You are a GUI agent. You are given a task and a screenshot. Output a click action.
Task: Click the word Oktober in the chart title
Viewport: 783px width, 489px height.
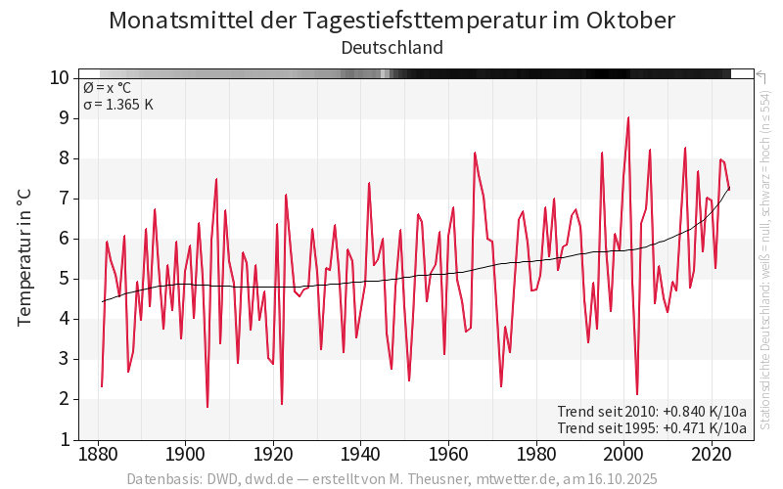pyautogui.click(x=625, y=21)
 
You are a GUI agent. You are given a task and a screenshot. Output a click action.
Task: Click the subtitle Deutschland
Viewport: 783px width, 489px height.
pyautogui.click(x=391, y=47)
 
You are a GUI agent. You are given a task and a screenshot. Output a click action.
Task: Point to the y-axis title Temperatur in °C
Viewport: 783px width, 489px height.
pyautogui.click(x=25, y=258)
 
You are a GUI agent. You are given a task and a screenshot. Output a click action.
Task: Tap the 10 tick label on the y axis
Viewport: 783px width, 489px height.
pyautogui.click(x=59, y=78)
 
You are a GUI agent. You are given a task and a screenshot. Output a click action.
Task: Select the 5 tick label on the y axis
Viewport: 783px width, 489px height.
pyautogui.click(x=64, y=279)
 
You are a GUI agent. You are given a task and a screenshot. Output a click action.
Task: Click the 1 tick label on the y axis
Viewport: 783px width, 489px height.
pyautogui.click(x=64, y=439)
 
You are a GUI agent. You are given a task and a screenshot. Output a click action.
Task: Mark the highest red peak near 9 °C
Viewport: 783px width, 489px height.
pyautogui.click(x=628, y=117)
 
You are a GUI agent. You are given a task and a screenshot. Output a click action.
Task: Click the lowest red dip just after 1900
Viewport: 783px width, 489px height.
pyautogui.click(x=207, y=407)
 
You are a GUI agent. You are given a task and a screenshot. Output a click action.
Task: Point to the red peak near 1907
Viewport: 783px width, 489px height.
pyautogui.click(x=216, y=179)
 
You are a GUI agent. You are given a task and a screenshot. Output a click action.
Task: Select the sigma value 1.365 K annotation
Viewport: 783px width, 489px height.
pyautogui.click(x=118, y=105)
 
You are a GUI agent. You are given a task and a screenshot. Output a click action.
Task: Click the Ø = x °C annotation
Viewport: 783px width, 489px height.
pyautogui.click(x=107, y=88)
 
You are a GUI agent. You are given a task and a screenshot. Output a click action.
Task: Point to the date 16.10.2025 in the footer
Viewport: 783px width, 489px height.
pyautogui.click(x=620, y=479)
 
